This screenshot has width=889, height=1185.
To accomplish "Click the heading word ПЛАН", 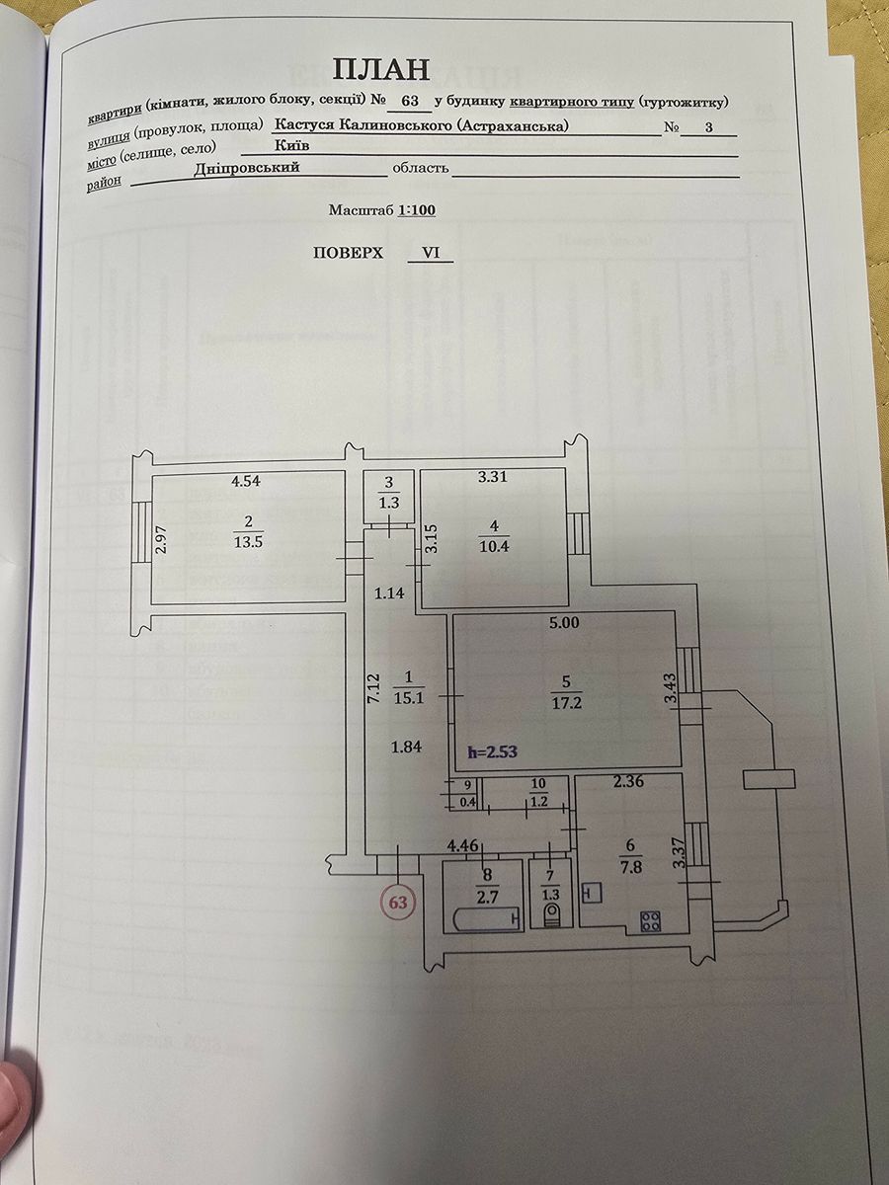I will pos(382,68).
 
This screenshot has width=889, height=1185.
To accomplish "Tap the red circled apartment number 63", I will pos(400,901).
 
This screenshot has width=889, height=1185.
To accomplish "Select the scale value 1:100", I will pos(416,210).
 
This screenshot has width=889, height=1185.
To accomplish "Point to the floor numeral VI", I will pos(431,253).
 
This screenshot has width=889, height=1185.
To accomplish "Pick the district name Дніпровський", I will pos(258,167).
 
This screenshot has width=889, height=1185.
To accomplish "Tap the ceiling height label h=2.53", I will pos(493,751).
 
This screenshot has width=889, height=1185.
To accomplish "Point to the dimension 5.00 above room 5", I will pos(564,624).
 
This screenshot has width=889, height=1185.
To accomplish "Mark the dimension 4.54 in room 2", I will pos(247,482).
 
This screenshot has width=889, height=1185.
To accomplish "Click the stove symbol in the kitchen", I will pos(650,921).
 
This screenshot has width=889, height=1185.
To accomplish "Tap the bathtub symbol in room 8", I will pos(486,919).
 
